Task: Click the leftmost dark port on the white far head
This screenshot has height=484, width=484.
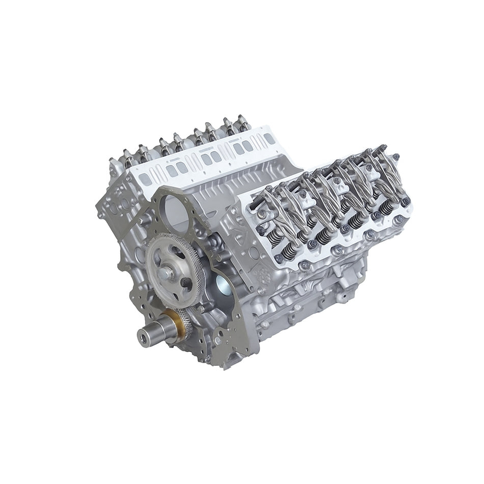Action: tap(145, 179)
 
